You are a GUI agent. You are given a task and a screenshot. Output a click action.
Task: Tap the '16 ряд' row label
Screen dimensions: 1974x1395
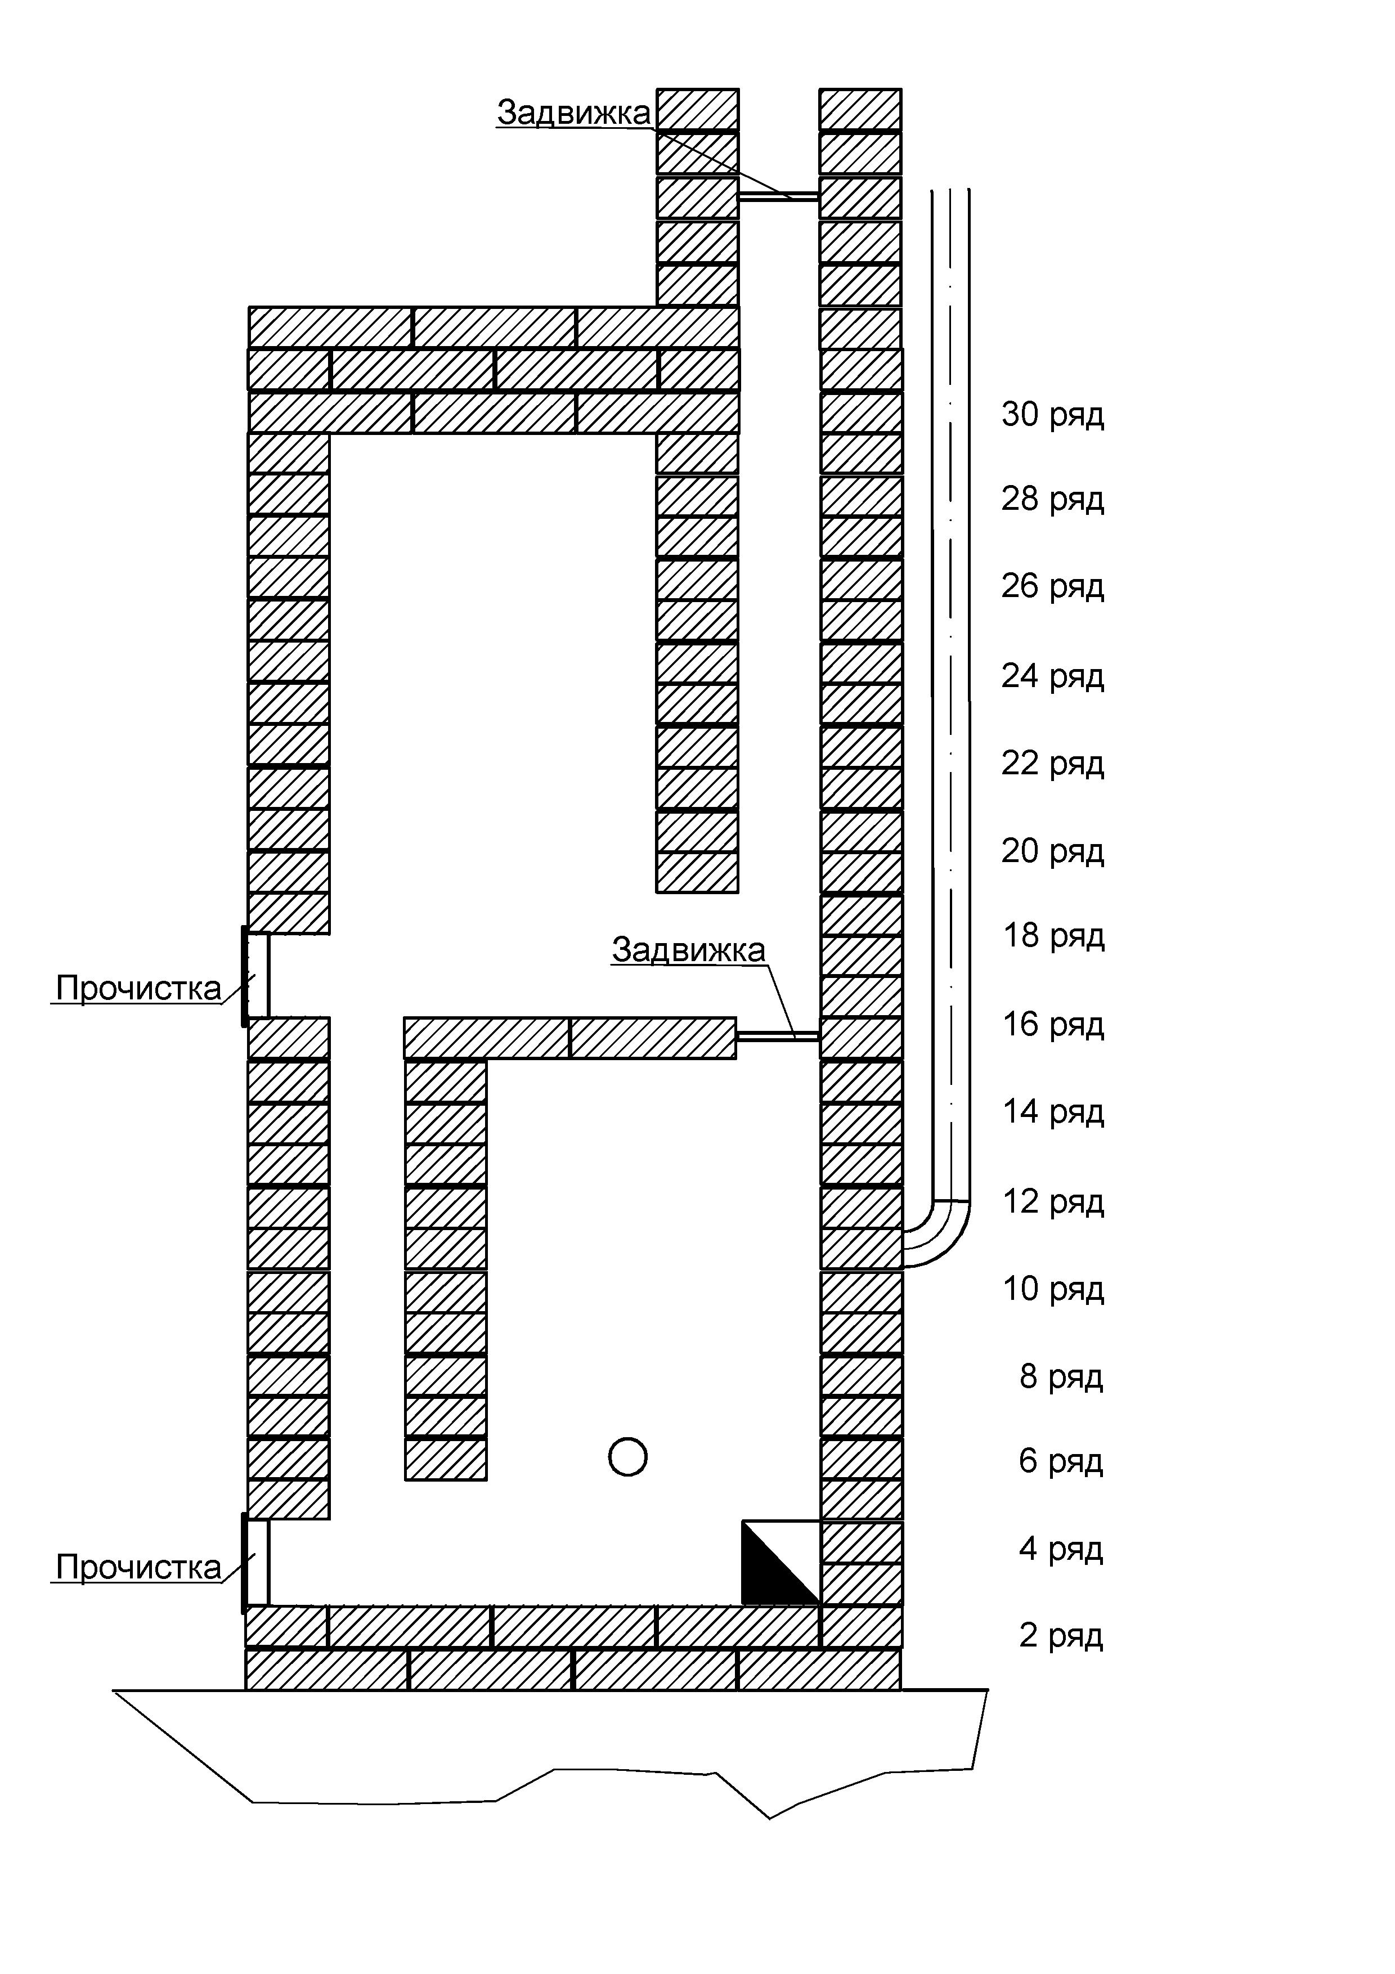(1053, 1024)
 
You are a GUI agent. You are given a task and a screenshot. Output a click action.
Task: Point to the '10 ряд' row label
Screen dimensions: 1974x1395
(1053, 1289)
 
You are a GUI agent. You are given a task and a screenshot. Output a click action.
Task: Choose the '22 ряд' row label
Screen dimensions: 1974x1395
(1052, 762)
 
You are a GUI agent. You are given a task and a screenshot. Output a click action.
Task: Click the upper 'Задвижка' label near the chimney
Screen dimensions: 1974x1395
(573, 113)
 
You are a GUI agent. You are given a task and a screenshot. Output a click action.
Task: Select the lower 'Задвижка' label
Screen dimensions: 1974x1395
(688, 949)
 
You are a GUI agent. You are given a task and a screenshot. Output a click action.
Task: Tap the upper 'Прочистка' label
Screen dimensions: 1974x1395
(138, 988)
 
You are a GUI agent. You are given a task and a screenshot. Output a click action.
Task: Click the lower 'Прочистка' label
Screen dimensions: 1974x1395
(138, 1567)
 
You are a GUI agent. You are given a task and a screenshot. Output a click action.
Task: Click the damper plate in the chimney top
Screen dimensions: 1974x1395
(778, 196)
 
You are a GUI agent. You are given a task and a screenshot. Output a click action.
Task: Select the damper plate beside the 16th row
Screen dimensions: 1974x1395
(778, 1037)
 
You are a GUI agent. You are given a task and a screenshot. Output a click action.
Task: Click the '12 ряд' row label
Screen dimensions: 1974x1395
(1053, 1201)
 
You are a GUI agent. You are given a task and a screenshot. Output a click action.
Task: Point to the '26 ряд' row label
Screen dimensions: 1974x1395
(1052, 586)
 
